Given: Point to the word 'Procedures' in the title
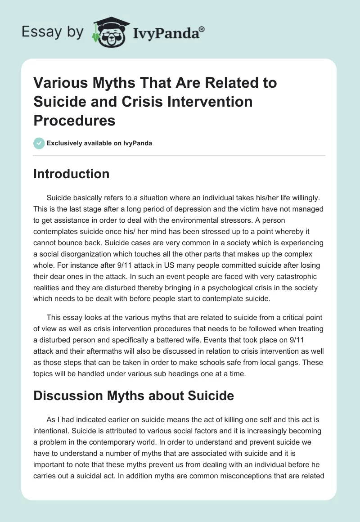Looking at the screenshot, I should pos(74,120).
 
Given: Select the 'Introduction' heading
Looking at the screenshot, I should pos(71,174).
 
